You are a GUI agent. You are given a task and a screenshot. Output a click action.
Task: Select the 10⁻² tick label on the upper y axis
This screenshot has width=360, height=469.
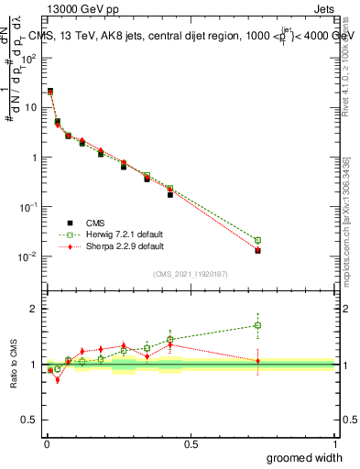[x=28, y=256]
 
